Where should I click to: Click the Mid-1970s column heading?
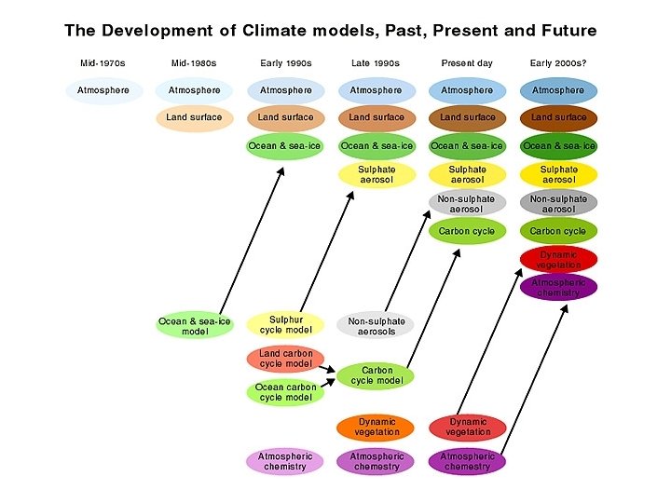pos(103,63)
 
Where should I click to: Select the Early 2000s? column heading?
pos(558,63)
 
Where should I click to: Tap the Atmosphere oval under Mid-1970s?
pos(103,90)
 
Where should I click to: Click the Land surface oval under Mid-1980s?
pos(195,117)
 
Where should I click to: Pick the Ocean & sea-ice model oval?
pos(195,326)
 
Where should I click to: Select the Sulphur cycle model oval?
pos(285,325)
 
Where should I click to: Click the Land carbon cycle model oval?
pos(285,359)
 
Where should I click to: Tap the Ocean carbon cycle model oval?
pos(283,392)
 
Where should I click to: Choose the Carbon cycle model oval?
pos(377,375)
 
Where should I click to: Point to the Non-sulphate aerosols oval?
pos(377,326)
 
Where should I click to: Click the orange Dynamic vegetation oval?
pos(377,427)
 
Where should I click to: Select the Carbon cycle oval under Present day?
pos(467,231)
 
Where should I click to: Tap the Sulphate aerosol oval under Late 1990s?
pos(377,175)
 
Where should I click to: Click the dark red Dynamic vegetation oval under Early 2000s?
pos(558,260)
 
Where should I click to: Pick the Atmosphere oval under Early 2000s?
pos(558,90)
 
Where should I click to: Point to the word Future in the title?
pos(563,31)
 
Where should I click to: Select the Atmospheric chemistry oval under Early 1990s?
pos(285,461)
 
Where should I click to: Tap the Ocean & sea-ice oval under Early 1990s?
pos(285,146)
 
